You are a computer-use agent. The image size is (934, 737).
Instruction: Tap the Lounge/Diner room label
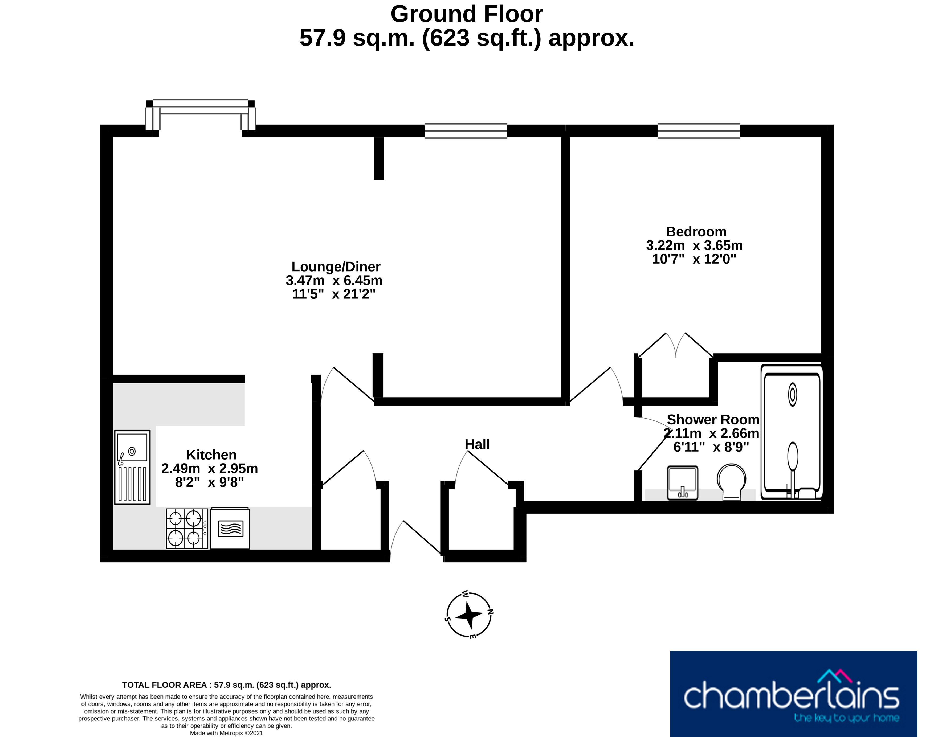[336, 267]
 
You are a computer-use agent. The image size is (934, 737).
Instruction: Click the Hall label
[477, 444]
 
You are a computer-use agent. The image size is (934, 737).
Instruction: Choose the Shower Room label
[713, 419]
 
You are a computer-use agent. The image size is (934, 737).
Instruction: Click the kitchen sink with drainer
[132, 467]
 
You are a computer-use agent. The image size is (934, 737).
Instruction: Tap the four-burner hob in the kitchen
[187, 529]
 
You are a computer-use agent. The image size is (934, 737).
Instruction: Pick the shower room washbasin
[682, 483]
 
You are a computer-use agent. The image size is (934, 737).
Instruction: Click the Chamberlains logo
[793, 694]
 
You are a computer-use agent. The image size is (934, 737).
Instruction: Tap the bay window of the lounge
[200, 114]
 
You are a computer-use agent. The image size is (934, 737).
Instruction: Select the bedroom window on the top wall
[699, 131]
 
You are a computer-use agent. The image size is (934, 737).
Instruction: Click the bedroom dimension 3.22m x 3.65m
[694, 245]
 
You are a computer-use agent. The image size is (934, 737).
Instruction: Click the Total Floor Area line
[227, 685]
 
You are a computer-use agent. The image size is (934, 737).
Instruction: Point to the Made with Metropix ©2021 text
[227, 733]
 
